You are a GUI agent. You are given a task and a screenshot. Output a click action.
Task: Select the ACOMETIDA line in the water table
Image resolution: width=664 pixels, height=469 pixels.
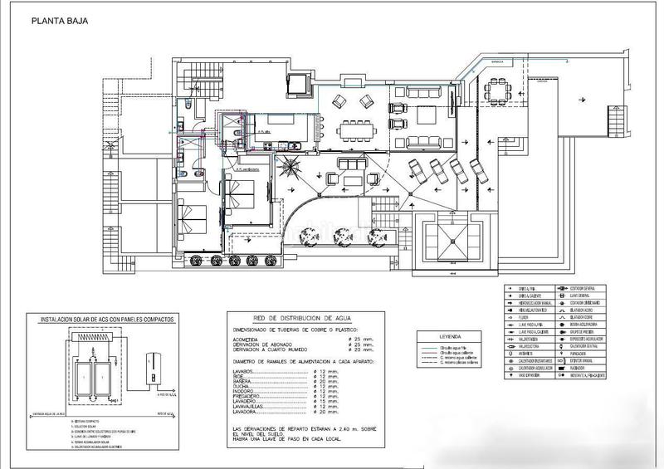252,339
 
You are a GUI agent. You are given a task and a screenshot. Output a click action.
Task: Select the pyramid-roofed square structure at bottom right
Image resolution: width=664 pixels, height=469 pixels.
451,242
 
